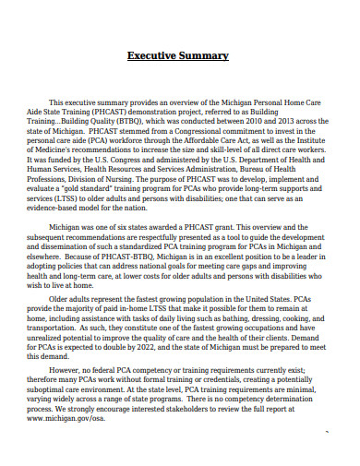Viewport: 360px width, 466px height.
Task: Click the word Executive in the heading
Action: (x=154, y=56)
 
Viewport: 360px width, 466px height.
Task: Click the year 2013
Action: (x=294, y=119)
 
